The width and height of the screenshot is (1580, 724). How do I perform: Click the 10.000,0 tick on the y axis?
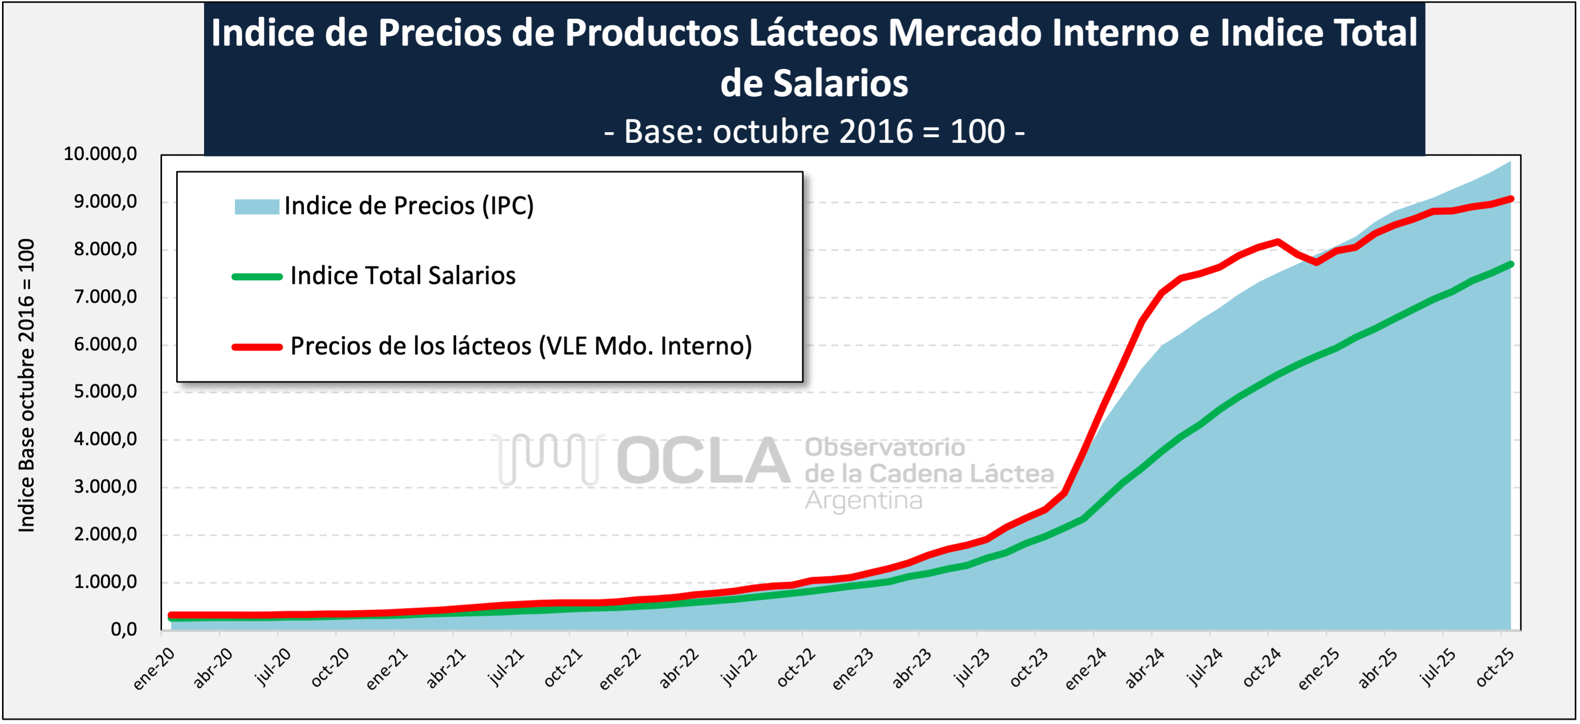[100, 154]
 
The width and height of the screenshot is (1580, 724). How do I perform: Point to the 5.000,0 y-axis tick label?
[105, 391]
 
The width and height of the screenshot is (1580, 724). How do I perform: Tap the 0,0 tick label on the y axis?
[124, 629]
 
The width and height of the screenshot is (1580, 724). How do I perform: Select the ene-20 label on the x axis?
[154, 669]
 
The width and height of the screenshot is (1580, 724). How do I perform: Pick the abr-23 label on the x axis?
[911, 669]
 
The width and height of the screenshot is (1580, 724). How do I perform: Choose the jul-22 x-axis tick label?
[739, 668]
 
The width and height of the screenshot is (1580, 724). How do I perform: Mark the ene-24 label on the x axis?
[1085, 669]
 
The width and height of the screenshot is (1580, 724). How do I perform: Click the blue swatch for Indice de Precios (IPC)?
[256, 206]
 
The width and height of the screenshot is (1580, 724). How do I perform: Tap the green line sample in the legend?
[256, 277]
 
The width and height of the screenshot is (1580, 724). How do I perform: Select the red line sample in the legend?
[256, 347]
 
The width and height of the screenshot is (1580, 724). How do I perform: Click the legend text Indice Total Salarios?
[402, 276]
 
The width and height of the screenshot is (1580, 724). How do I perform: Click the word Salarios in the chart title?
[814, 83]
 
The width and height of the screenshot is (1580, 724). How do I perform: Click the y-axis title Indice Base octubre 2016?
[26, 385]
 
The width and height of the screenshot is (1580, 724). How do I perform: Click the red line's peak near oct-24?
[1278, 242]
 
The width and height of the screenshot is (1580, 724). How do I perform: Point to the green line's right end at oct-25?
[1511, 264]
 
